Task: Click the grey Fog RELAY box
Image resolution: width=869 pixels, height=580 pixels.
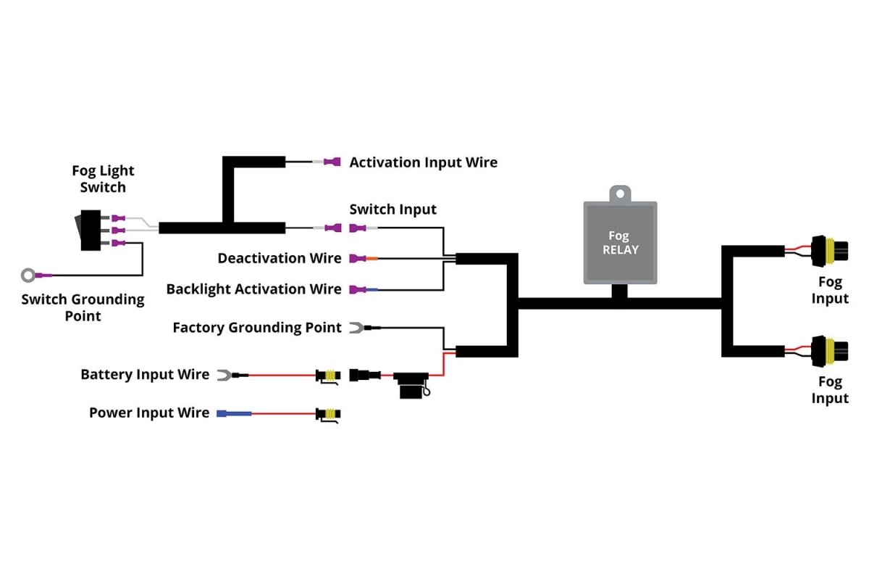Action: pyautogui.click(x=621, y=243)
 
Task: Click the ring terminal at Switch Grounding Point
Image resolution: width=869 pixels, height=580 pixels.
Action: pyautogui.click(x=28, y=275)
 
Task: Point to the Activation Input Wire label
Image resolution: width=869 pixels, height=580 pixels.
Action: pyautogui.click(x=423, y=162)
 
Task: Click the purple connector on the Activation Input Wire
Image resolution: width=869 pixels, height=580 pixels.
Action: pyautogui.click(x=332, y=162)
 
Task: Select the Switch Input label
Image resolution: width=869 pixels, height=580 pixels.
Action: pyautogui.click(x=392, y=210)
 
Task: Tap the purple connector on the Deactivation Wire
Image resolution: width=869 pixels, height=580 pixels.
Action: pyautogui.click(x=356, y=258)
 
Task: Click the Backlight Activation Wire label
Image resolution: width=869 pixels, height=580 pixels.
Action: pyautogui.click(x=253, y=289)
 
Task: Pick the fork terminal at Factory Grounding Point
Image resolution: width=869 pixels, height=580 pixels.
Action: pyautogui.click(x=356, y=328)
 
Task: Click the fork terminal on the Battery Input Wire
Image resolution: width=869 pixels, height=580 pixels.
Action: pyautogui.click(x=224, y=375)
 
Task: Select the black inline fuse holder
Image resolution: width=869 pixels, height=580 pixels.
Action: pyautogui.click(x=411, y=386)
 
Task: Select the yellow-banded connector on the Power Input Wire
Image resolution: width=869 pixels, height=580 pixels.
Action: pyautogui.click(x=328, y=414)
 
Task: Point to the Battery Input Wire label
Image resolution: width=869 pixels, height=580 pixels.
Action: pyautogui.click(x=144, y=375)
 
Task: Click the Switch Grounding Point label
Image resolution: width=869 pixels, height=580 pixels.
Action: pyautogui.click(x=83, y=307)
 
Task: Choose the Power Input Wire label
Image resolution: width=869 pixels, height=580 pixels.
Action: pyautogui.click(x=148, y=413)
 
